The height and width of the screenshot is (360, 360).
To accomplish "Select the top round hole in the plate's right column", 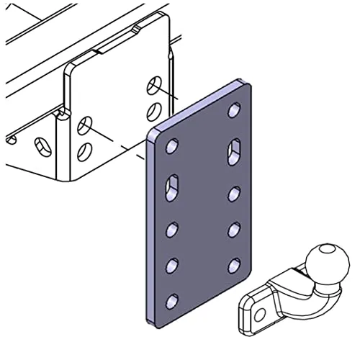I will click(x=234, y=111).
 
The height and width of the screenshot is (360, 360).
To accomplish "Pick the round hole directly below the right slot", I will click(x=234, y=193).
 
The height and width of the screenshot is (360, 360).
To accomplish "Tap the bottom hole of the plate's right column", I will click(x=234, y=266).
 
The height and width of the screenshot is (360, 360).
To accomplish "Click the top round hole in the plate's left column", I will click(x=172, y=147).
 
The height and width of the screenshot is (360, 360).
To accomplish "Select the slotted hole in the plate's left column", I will click(x=173, y=188).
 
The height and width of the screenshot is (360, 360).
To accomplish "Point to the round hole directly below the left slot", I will click(x=173, y=230).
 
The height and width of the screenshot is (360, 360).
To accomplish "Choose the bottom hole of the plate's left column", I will click(x=173, y=301).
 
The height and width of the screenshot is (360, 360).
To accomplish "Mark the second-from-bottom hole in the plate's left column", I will click(x=173, y=266).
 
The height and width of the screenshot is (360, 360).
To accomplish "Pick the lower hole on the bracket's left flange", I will click(x=85, y=151).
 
